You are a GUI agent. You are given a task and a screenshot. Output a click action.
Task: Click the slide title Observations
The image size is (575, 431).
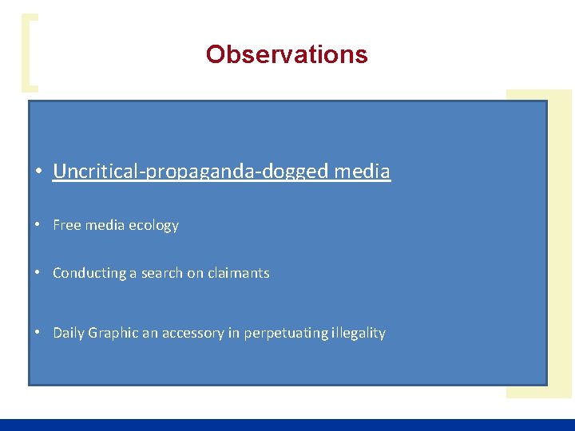(x=287, y=54)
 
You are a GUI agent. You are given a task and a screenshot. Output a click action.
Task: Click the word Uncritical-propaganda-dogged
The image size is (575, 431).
(x=192, y=171)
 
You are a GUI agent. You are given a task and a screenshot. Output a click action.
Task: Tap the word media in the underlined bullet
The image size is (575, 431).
(x=363, y=171)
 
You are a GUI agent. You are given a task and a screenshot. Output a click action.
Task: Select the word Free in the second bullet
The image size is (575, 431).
(x=66, y=225)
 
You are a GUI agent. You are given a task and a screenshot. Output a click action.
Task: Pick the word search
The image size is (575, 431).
(x=162, y=273)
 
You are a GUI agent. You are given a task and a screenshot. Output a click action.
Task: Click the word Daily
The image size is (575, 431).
(x=69, y=333)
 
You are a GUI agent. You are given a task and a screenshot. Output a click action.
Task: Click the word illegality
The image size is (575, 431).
(x=359, y=333)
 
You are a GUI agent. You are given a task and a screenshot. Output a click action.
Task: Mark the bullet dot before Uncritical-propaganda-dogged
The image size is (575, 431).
(x=38, y=172)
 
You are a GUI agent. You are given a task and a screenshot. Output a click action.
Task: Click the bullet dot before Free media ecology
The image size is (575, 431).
(x=38, y=226)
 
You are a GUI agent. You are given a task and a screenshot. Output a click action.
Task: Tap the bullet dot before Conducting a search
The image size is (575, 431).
(x=38, y=273)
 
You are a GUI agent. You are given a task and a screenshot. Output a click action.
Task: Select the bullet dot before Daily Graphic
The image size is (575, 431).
(x=38, y=333)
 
